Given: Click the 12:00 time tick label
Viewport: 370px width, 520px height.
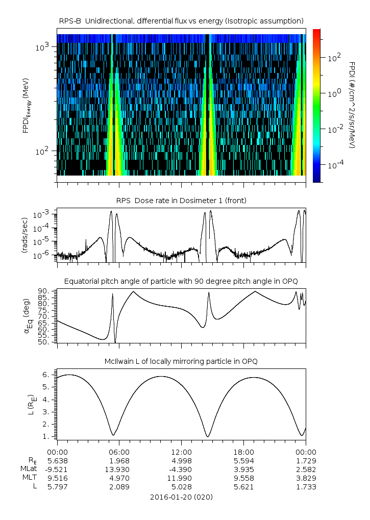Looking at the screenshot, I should (181, 452).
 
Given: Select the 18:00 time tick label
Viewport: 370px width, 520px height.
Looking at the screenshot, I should (243, 452).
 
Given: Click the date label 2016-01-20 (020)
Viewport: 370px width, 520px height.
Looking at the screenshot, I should (181, 497).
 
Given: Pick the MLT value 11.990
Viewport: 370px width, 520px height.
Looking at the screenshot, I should (181, 478).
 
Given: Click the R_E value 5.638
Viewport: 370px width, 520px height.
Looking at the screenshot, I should (57, 461).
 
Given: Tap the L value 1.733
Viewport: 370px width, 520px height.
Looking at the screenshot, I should (306, 487).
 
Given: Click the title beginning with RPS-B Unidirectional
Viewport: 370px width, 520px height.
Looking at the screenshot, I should (181, 20).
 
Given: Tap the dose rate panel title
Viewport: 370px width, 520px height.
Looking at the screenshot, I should (181, 201).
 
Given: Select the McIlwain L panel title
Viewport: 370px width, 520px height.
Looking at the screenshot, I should (181, 361).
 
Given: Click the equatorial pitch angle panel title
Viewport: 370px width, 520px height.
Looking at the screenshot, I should (181, 281).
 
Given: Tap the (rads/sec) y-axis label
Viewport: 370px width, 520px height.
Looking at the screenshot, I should (24, 235).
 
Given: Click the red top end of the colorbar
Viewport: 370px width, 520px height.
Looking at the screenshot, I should (316, 32).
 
